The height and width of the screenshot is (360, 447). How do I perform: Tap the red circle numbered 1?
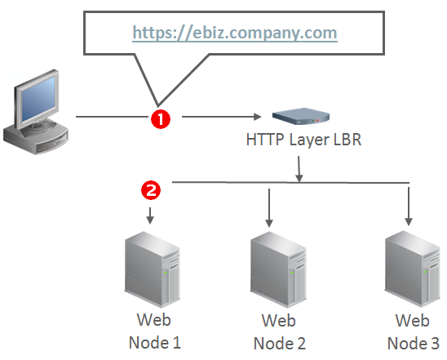click(161, 118)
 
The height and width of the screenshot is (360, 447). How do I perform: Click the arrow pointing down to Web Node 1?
click(150, 216)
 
